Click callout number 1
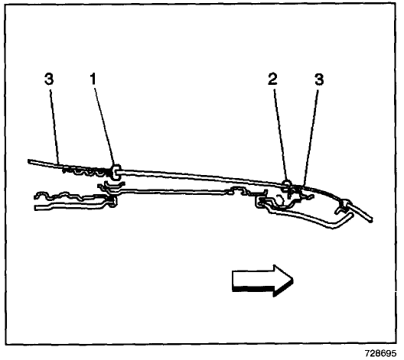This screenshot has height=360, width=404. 93,79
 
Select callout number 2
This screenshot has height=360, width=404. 272,79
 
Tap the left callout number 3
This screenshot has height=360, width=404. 49,79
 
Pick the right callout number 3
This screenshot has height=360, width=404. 319,79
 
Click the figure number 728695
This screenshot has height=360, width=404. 380,353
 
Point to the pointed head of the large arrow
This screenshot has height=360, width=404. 293,280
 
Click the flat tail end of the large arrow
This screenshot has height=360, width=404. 233,281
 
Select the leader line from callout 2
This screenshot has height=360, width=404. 280,134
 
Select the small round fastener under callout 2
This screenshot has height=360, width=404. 287,183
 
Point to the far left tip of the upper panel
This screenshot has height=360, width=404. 29,161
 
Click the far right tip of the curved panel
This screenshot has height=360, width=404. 371,220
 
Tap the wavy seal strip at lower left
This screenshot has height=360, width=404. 70,196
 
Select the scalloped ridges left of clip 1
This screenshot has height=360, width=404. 85,170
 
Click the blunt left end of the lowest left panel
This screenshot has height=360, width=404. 36,207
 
